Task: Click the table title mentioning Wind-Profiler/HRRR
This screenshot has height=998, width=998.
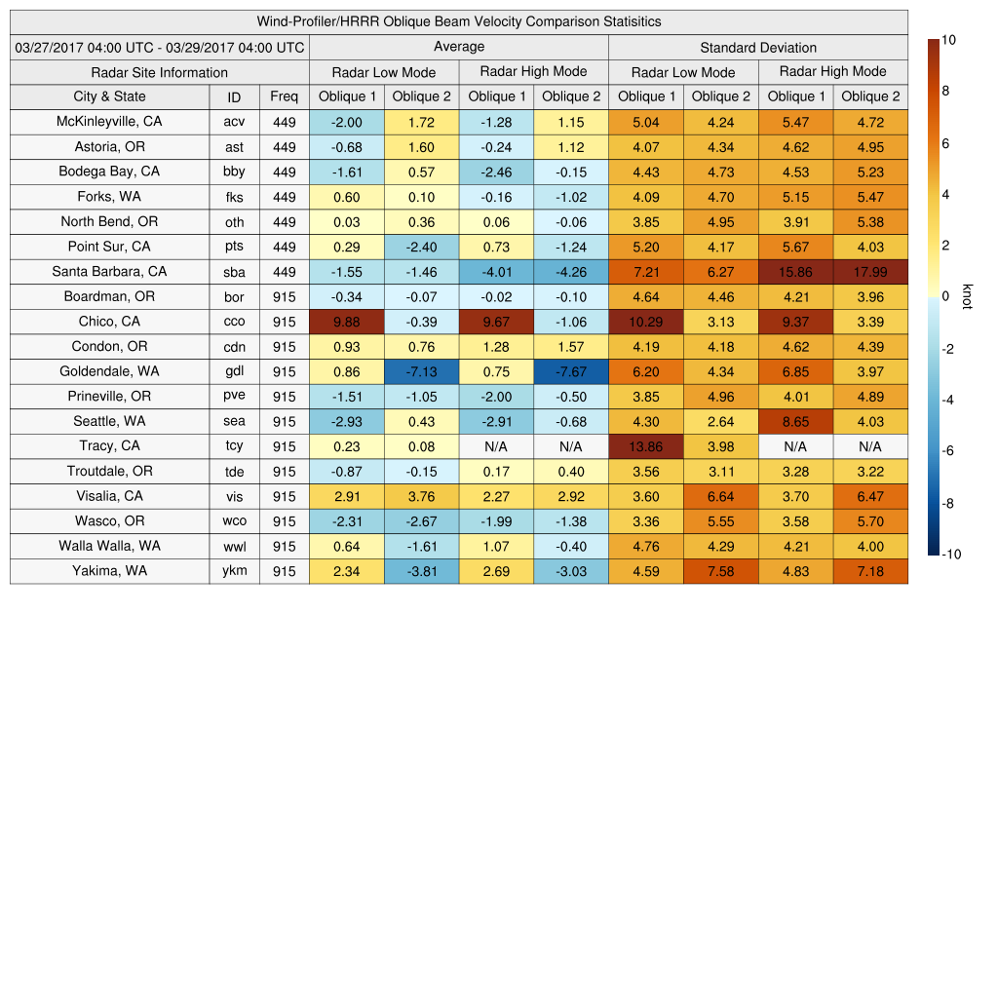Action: point(459,21)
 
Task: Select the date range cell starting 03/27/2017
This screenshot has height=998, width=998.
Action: point(160,47)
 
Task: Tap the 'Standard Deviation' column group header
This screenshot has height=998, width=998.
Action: point(758,47)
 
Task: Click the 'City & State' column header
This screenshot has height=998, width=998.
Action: point(109,96)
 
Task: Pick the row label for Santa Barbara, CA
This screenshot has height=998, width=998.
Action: point(109,272)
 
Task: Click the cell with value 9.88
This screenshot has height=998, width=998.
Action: point(346,322)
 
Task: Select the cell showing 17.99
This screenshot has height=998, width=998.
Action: point(870,272)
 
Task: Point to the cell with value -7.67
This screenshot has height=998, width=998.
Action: point(570,371)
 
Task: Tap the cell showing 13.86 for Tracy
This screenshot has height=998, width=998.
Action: point(645,446)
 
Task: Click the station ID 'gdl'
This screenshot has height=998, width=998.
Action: point(234,371)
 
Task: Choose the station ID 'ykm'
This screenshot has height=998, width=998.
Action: point(234,571)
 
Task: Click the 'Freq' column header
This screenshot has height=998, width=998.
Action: point(284,96)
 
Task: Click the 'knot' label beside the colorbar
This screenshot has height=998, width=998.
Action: point(967,295)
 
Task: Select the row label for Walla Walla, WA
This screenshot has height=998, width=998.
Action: point(109,546)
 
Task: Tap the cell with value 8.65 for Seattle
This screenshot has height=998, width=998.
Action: point(795,422)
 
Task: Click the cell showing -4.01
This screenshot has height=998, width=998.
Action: point(496,272)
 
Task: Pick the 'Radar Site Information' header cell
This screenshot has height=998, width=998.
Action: point(159,72)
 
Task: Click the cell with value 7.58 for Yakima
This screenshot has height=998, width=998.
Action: point(720,571)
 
